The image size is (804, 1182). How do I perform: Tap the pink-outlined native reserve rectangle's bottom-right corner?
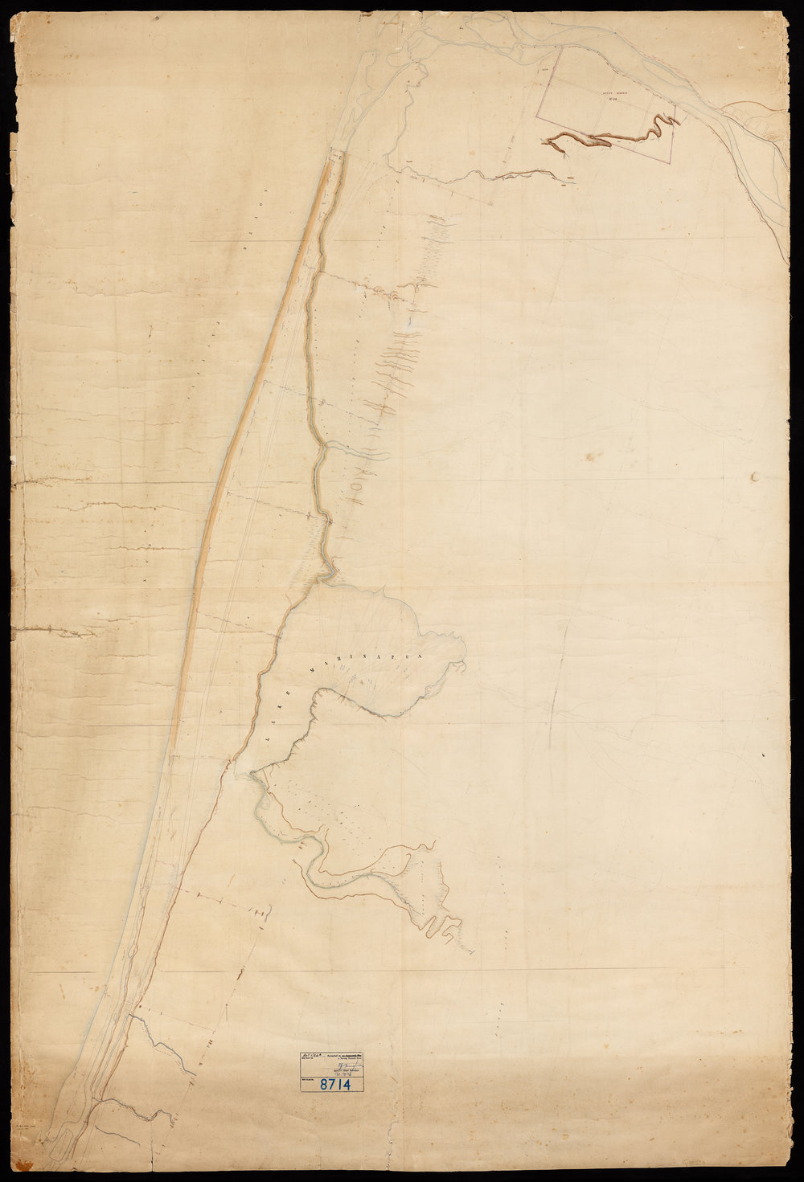click(670, 162)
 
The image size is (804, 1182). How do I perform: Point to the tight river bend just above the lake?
click(330, 571)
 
